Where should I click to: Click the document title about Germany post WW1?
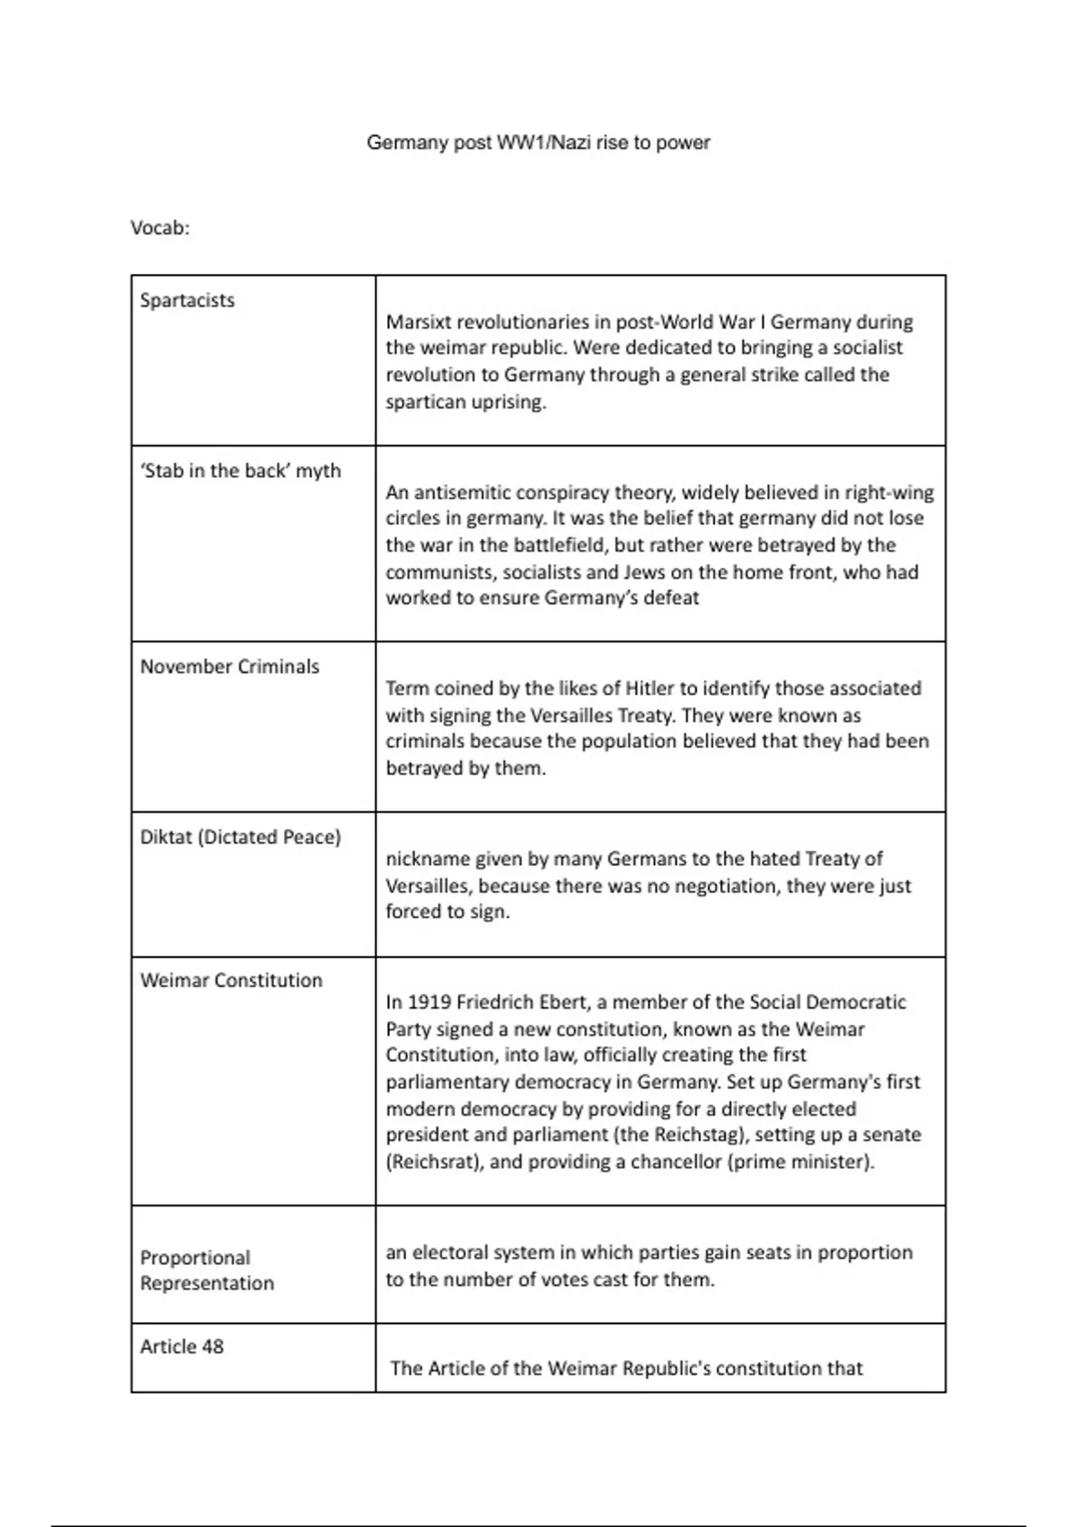538,143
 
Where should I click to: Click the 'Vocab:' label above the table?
160,228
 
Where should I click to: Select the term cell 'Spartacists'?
187,301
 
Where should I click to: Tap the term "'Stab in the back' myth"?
241,471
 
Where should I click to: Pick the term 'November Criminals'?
230,666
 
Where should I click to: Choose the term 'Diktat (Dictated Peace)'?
241,837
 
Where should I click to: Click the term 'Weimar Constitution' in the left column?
231,981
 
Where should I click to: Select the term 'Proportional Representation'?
207,1270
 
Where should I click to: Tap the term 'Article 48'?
181,1346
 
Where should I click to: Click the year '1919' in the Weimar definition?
429,1002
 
